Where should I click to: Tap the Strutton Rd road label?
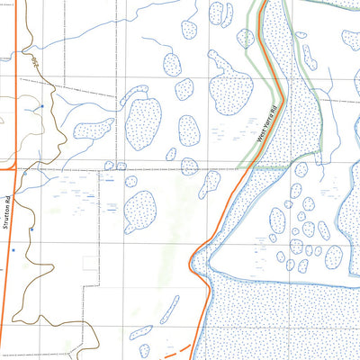[6, 212]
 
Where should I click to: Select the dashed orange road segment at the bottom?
[179, 349]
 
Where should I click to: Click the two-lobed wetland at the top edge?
[215, 13]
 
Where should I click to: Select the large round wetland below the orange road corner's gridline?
[141, 212]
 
